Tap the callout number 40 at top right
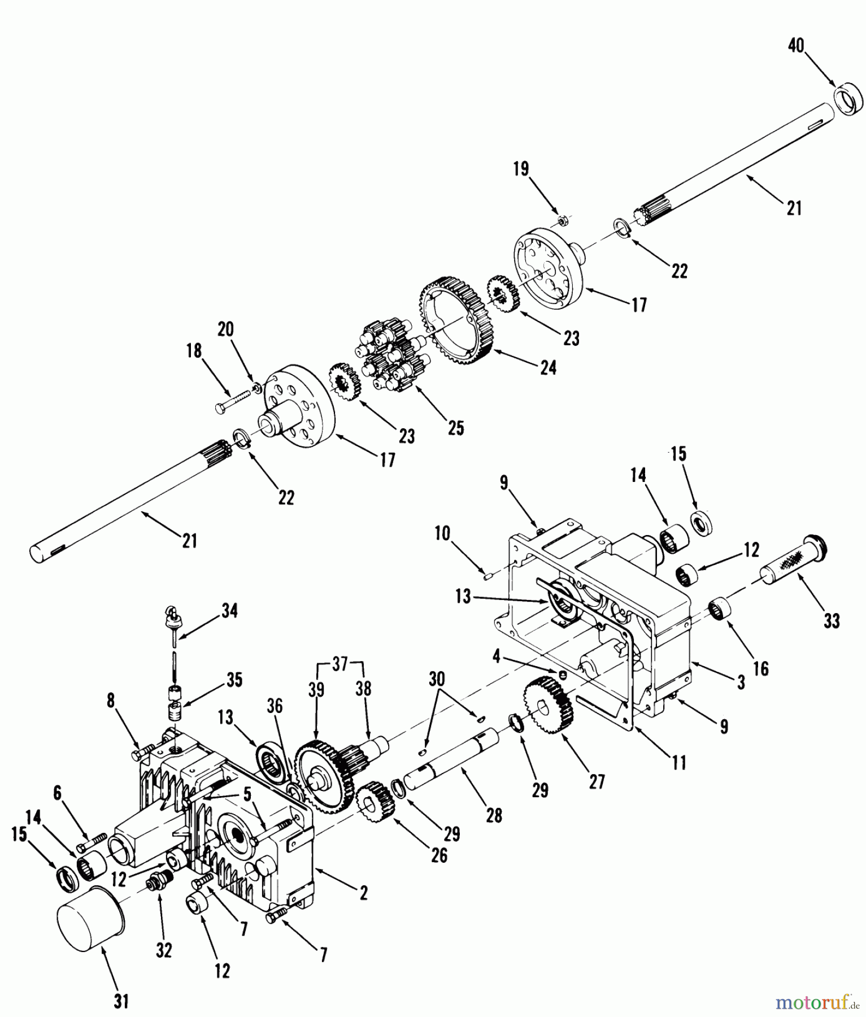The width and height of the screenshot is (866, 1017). coord(796,46)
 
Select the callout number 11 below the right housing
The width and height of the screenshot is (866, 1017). coord(678,763)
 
